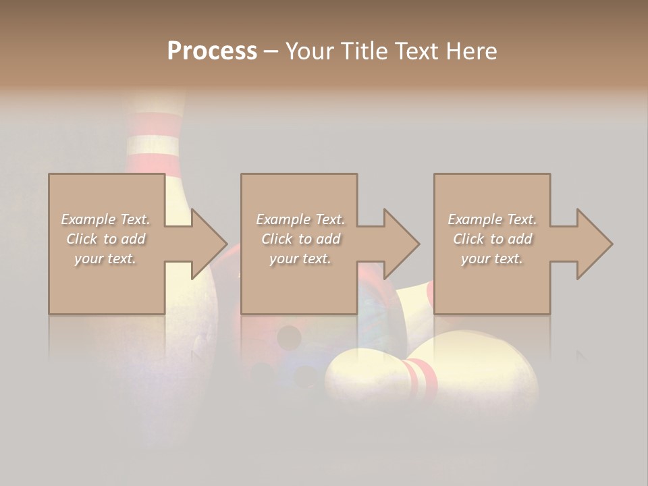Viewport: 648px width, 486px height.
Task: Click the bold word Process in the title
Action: point(212,51)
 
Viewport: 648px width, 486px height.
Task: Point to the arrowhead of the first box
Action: point(209,244)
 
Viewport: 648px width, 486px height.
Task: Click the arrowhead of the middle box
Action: point(402,244)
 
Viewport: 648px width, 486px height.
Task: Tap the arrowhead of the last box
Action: point(595,244)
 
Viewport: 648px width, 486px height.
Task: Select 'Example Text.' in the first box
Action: point(106,219)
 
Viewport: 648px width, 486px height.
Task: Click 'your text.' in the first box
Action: point(106,259)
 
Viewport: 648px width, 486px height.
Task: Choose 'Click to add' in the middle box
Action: point(300,239)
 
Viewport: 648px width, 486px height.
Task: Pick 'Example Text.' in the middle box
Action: point(300,219)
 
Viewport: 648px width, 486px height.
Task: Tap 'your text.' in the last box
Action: point(492,259)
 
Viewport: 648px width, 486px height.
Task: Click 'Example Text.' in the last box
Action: point(492,219)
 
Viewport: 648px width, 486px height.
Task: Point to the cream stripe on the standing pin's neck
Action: point(153,145)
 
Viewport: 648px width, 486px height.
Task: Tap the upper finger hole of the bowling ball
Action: point(290,335)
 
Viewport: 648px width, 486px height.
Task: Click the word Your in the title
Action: point(308,51)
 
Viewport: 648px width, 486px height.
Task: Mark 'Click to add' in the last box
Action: point(492,239)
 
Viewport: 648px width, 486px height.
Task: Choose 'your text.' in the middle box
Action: point(300,259)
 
